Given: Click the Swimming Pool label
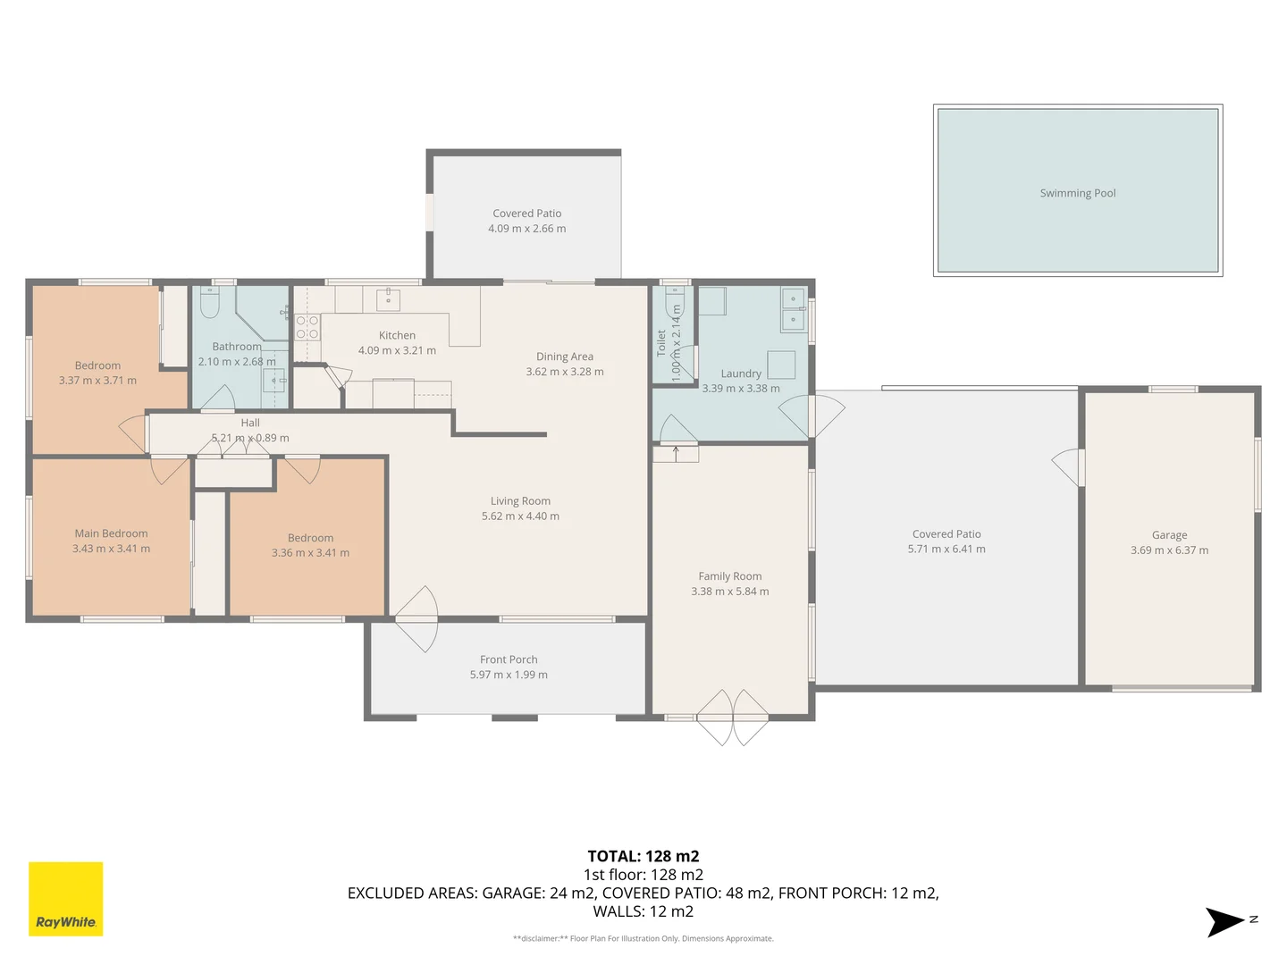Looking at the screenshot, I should click(x=1077, y=193).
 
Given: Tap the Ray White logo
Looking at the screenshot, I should click(x=66, y=898).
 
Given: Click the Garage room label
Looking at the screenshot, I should click(x=1169, y=535).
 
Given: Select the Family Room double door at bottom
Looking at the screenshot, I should click(x=732, y=717).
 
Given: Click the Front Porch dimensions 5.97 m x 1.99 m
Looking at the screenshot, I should click(x=509, y=675).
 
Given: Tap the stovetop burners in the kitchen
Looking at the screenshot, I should click(x=307, y=327).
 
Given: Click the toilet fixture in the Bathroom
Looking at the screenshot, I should click(x=210, y=304).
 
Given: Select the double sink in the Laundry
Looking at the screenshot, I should click(x=793, y=309).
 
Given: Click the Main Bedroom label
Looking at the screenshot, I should click(x=111, y=533).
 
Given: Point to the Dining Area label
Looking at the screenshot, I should click(x=564, y=357).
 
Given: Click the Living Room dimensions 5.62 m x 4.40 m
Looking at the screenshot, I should click(x=520, y=516).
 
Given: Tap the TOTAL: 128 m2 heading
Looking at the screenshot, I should click(x=643, y=856).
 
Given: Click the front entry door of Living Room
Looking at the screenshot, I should click(x=417, y=619).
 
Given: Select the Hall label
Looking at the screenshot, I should click(x=250, y=423).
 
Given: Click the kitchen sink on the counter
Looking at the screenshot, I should click(x=388, y=298).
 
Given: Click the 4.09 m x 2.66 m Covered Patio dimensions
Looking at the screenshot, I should click(x=526, y=229).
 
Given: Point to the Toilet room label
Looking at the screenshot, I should click(x=661, y=343).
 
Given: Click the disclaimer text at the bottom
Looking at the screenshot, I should click(x=643, y=938).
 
